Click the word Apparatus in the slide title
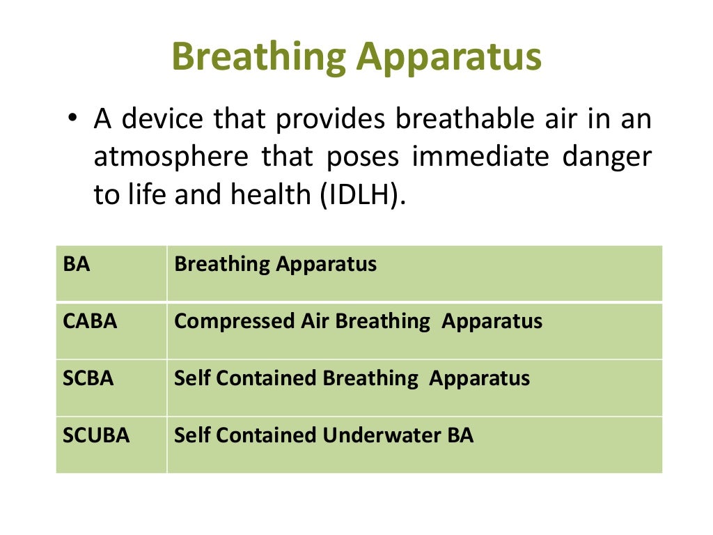coord(449,58)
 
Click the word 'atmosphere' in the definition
coord(171,157)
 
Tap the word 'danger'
coord(612,157)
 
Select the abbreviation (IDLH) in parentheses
coord(361,196)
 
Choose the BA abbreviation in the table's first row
coord(77,265)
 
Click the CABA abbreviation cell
coord(90,322)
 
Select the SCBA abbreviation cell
coord(88,378)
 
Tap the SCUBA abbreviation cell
coord(96,436)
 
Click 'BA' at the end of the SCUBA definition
coord(460,436)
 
